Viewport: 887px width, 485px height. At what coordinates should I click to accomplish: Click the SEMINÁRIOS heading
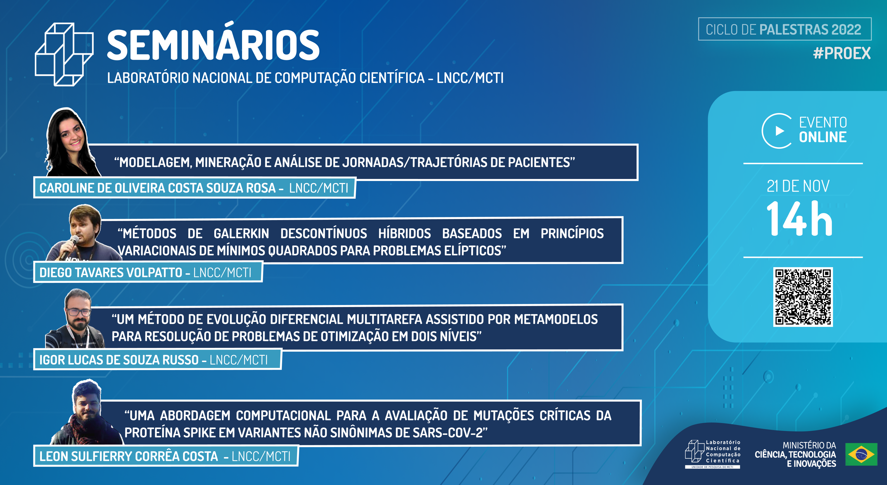[x=214, y=45]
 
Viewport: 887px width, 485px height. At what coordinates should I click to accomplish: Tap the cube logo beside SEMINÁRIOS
[x=64, y=54]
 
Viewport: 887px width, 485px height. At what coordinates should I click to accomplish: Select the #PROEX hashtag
[x=842, y=53]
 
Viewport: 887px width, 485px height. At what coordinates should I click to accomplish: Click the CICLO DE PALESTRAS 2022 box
[x=784, y=29]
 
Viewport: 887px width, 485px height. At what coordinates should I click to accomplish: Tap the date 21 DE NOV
[x=798, y=186]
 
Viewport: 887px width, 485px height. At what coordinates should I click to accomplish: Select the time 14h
[x=799, y=219]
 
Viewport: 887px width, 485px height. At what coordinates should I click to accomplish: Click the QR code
[x=803, y=297]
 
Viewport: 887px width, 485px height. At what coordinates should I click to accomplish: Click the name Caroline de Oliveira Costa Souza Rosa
[x=158, y=188]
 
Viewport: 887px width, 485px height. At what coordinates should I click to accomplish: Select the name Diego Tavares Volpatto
[x=111, y=272]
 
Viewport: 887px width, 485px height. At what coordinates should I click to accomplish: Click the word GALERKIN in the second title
[x=241, y=234]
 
